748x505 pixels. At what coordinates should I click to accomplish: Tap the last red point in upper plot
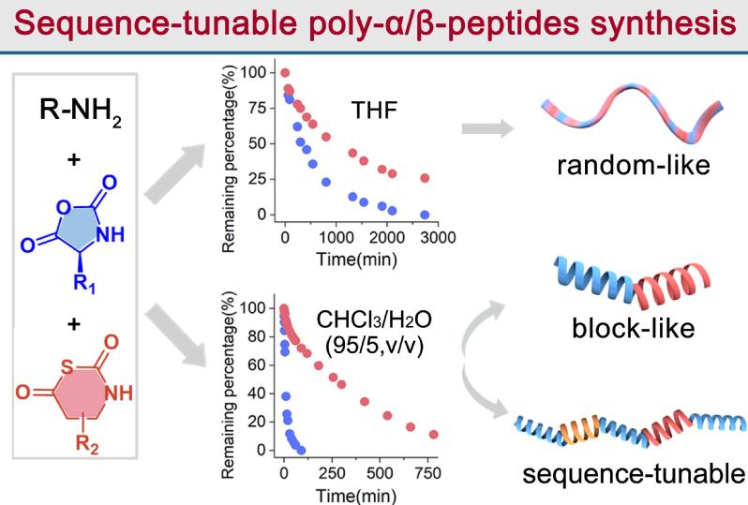point(425,178)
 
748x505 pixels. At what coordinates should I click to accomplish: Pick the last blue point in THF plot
point(425,215)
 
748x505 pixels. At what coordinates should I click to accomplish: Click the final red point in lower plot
point(433,434)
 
